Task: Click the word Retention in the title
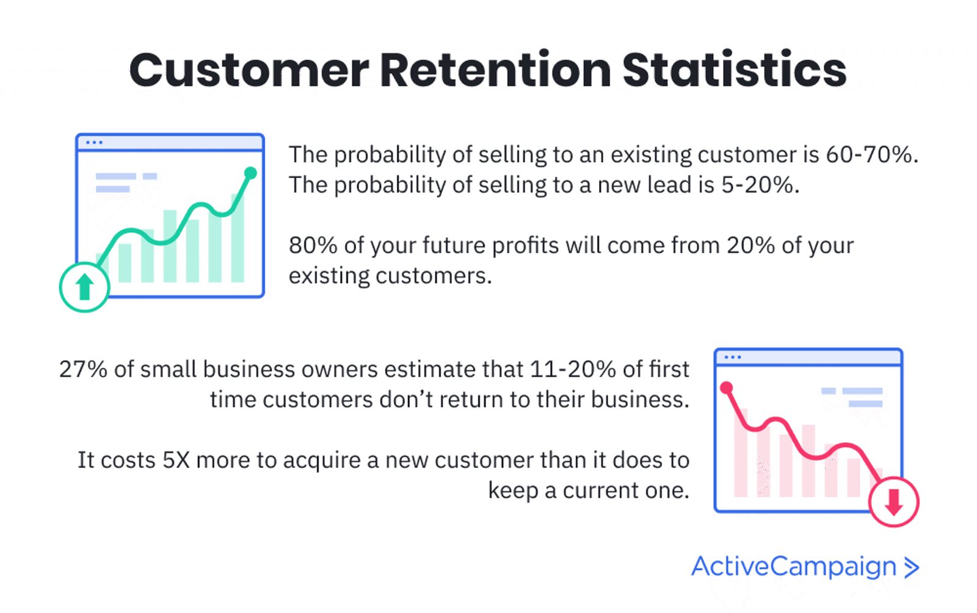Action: click(495, 70)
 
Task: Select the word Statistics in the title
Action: click(735, 70)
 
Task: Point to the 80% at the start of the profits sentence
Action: click(313, 245)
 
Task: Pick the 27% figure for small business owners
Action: click(83, 370)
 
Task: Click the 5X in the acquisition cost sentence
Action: click(176, 461)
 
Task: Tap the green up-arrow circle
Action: click(84, 287)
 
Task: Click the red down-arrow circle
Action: click(894, 501)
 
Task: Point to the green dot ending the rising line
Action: click(250, 173)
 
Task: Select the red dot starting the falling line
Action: click(726, 387)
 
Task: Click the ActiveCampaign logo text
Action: click(794, 567)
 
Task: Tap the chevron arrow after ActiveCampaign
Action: click(912, 568)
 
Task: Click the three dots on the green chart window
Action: click(94, 143)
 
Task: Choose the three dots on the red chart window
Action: click(733, 357)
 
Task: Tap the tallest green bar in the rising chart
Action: click(238, 238)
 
